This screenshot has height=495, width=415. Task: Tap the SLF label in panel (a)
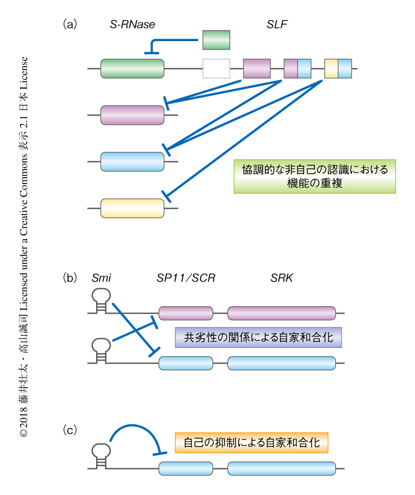click(x=278, y=24)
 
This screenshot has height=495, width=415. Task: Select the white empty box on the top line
click(x=216, y=69)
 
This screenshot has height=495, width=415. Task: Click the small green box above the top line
click(x=216, y=40)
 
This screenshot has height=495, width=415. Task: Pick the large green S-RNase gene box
click(x=133, y=69)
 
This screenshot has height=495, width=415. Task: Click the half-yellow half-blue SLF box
click(x=338, y=69)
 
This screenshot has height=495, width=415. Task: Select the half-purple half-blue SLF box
click(x=298, y=69)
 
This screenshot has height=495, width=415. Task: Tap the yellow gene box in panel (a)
click(x=133, y=208)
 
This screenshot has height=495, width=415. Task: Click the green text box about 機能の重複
click(x=315, y=177)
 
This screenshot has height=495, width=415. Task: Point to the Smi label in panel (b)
click(x=102, y=277)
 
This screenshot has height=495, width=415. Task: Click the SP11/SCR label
click(x=186, y=277)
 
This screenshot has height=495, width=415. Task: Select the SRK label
click(x=281, y=277)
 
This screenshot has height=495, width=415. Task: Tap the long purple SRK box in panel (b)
click(x=281, y=313)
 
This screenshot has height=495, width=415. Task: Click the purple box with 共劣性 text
click(x=259, y=337)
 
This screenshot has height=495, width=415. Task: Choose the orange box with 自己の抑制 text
click(x=252, y=443)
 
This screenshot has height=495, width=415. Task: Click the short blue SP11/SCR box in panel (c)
click(x=186, y=469)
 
